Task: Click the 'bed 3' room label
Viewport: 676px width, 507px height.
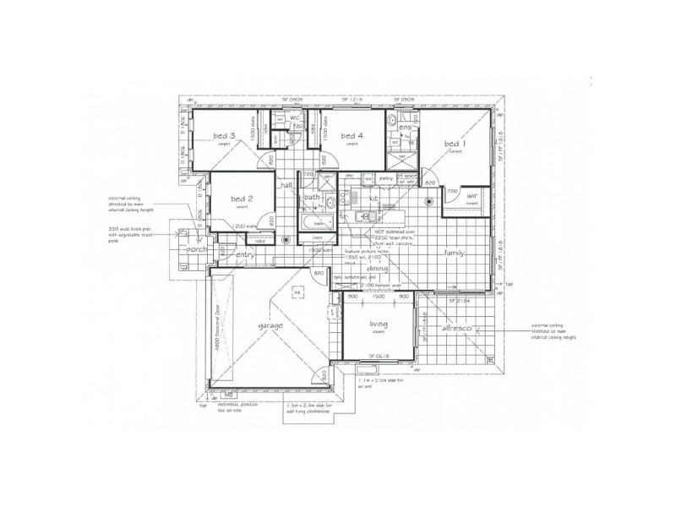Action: tap(224, 137)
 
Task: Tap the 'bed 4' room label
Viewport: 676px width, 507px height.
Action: tap(351, 135)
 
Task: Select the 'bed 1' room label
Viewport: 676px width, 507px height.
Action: tap(455, 144)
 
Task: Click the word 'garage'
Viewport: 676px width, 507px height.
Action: tap(270, 325)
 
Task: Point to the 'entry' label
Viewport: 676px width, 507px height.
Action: tap(245, 254)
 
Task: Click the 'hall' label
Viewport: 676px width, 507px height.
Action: tap(286, 183)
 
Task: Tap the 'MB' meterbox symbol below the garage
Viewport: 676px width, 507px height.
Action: tap(226, 394)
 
